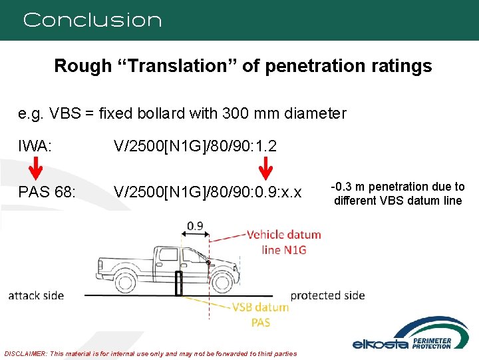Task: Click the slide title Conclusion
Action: point(92,20)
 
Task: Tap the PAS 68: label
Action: point(47,193)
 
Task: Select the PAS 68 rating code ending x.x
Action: point(208,193)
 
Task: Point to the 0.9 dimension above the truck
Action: point(195,225)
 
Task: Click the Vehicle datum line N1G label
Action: point(285,242)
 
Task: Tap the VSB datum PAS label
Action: point(260,314)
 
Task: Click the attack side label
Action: point(36,295)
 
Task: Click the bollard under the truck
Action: point(179,283)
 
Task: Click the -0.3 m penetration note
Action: point(398,193)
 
